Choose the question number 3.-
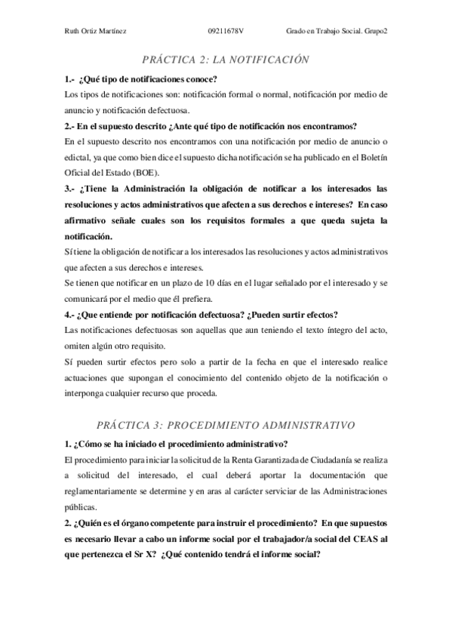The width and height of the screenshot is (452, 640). click(72, 189)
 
